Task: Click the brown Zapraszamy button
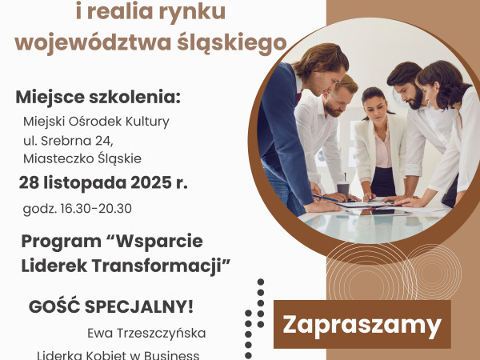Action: click(362, 325)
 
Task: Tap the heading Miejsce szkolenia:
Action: click(98, 98)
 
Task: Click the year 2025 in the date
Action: click(142, 183)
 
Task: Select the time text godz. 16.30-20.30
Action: click(77, 209)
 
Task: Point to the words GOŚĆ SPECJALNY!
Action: click(111, 307)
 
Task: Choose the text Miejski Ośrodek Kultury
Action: click(96, 122)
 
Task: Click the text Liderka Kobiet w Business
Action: click(118, 354)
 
